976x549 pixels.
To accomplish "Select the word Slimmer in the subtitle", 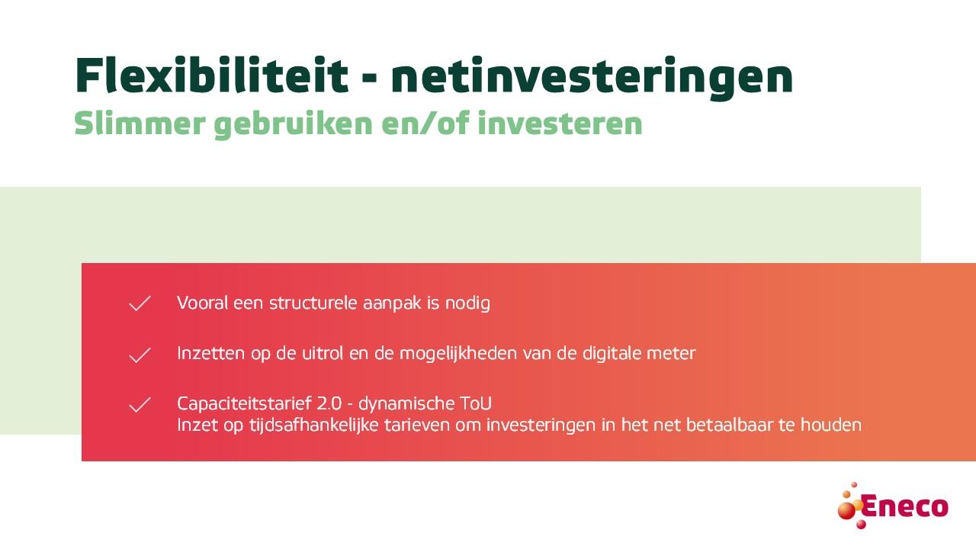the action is tap(140, 123).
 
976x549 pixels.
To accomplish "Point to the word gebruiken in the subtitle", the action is tap(294, 124).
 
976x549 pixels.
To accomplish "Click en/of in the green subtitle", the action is tap(425, 124).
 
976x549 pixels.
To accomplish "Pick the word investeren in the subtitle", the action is tap(560, 124).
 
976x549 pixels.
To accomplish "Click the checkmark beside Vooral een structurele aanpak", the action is tap(140, 303).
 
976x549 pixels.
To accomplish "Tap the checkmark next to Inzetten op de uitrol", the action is tap(140, 355).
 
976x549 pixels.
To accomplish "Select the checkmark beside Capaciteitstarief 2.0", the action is tap(140, 405).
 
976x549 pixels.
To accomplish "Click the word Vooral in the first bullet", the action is tap(203, 303).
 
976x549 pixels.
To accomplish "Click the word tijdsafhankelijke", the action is tap(313, 425).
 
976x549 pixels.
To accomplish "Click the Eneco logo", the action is tap(893, 506).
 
